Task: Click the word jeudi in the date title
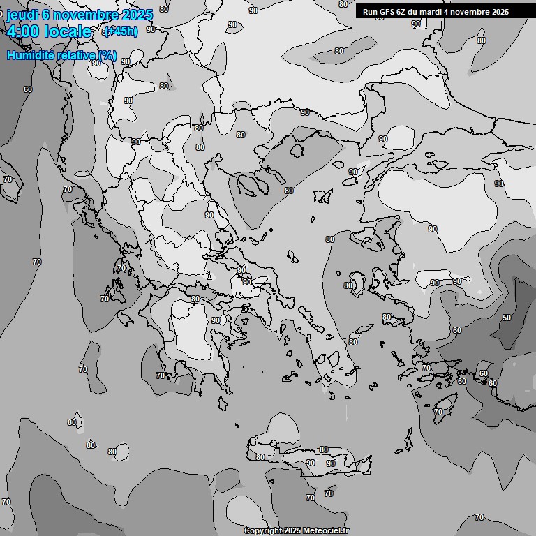21,15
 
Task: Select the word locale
68,31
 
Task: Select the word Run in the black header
369,12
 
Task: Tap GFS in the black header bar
385,12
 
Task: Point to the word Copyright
263,530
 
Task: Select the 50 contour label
506,318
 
